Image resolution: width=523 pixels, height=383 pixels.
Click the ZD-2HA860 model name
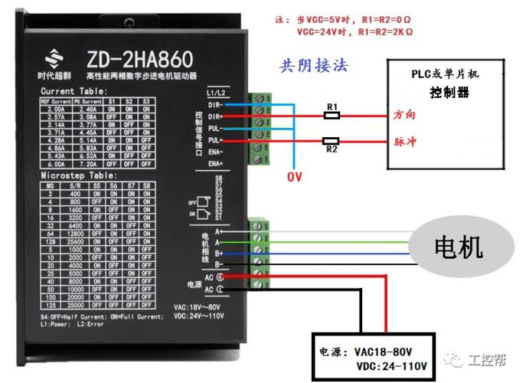(x=136, y=57)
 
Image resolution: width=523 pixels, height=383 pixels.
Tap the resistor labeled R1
(x=332, y=115)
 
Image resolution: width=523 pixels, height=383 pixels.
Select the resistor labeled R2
(x=332, y=141)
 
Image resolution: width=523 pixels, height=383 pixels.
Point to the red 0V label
(x=295, y=178)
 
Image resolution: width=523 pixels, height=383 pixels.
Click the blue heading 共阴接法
(x=314, y=66)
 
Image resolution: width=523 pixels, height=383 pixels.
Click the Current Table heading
(x=74, y=91)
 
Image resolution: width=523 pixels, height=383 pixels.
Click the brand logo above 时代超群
(x=54, y=57)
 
